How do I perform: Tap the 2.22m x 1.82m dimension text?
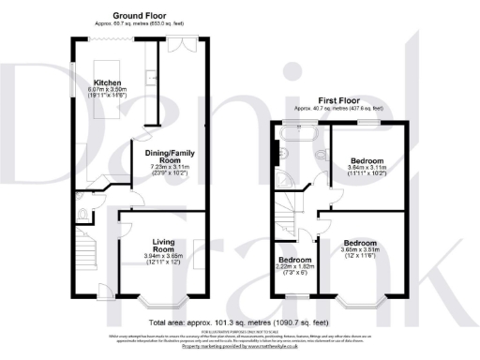tap(293, 266)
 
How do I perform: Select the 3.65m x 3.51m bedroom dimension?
tap(359, 251)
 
